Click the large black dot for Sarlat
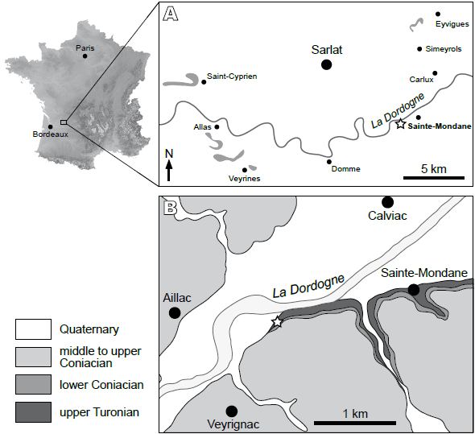[326, 64]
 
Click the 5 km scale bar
[434, 177]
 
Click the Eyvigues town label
[440, 25]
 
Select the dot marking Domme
[329, 161]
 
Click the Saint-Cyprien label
[232, 76]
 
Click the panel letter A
[170, 14]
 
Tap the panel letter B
[170, 208]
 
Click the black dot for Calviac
[387, 201]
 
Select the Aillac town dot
[175, 312]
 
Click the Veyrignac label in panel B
[232, 427]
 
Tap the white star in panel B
[276, 322]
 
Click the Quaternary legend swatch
[32, 329]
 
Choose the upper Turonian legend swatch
[32, 413]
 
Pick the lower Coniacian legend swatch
[32, 385]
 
